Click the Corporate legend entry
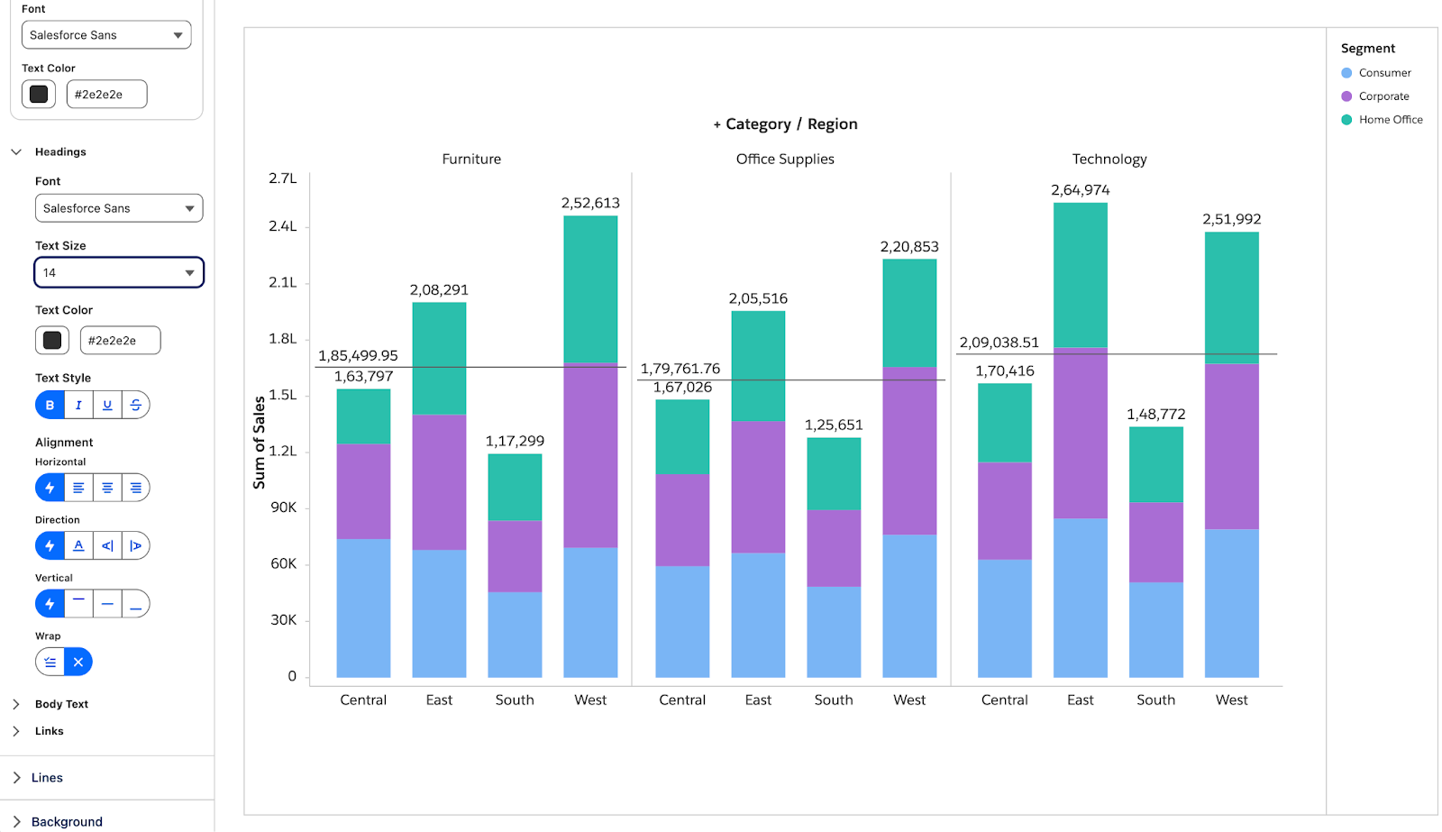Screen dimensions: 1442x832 click(1383, 96)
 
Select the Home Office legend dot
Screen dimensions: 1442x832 click(1346, 120)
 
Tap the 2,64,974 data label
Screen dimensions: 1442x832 click(1081, 190)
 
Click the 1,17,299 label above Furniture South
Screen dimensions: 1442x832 click(515, 441)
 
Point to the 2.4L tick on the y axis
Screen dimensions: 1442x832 click(283, 226)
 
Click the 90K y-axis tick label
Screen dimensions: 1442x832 click(283, 507)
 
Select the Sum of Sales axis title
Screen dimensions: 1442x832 click(259, 443)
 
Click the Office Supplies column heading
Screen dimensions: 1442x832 click(785, 159)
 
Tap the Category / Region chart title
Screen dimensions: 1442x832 click(791, 124)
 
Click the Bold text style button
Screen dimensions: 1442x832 click(50, 405)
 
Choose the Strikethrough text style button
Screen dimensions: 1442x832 click(136, 405)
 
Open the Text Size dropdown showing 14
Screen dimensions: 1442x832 click(119, 272)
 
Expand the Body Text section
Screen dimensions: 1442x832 click(61, 704)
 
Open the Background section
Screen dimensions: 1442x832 click(67, 822)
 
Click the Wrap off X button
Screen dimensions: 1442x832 click(78, 662)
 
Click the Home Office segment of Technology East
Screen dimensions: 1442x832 click(1081, 276)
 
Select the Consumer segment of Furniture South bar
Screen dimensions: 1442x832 click(515, 635)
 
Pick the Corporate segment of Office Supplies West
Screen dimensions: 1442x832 click(909, 451)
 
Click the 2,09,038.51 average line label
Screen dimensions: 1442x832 click(999, 343)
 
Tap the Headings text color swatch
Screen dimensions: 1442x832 click(52, 340)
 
